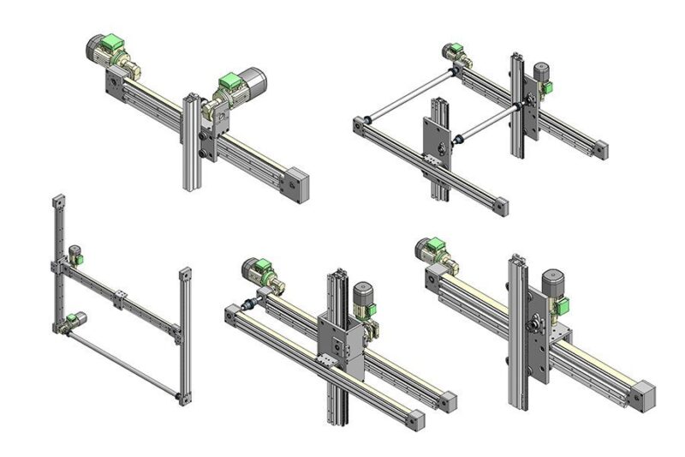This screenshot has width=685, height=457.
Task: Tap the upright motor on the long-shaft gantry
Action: [x=541, y=76]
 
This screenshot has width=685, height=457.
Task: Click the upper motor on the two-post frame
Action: [x=74, y=255]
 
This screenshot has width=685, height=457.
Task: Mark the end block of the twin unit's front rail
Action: [x=413, y=420]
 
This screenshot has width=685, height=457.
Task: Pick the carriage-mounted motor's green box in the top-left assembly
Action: [x=229, y=83]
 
